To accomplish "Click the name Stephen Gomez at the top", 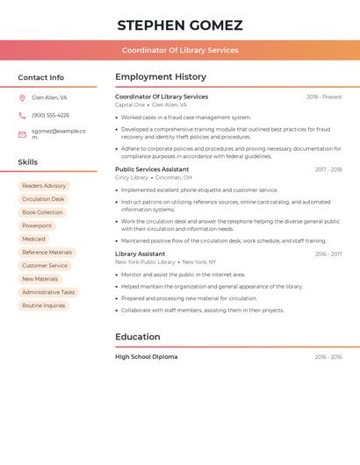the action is pyautogui.click(x=180, y=25).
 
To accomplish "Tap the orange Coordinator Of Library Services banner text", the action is pyautogui.click(x=180, y=50).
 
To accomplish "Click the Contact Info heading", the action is pyautogui.click(x=41, y=77).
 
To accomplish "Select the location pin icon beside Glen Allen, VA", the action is pyautogui.click(x=22, y=97).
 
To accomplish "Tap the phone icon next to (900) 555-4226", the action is pyautogui.click(x=22, y=115).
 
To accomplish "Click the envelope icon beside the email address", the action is pyautogui.click(x=22, y=134).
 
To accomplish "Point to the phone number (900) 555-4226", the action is pyautogui.click(x=51, y=115).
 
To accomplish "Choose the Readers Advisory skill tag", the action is pyautogui.click(x=44, y=186).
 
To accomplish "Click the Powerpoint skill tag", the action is pyautogui.click(x=37, y=225).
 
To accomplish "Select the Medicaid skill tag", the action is pyautogui.click(x=33, y=239).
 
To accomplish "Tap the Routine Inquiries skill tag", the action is pyautogui.click(x=44, y=305).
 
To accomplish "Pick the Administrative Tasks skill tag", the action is pyautogui.click(x=48, y=292).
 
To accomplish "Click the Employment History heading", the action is pyautogui.click(x=161, y=77).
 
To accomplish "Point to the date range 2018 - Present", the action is pyautogui.click(x=324, y=97).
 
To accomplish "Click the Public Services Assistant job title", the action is pyautogui.click(x=152, y=169).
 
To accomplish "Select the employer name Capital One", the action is pyautogui.click(x=130, y=104).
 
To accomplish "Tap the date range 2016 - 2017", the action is pyautogui.click(x=328, y=254).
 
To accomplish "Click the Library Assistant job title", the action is pyautogui.click(x=140, y=254).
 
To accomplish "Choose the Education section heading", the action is pyautogui.click(x=138, y=337).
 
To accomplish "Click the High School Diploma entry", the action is pyautogui.click(x=147, y=357).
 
